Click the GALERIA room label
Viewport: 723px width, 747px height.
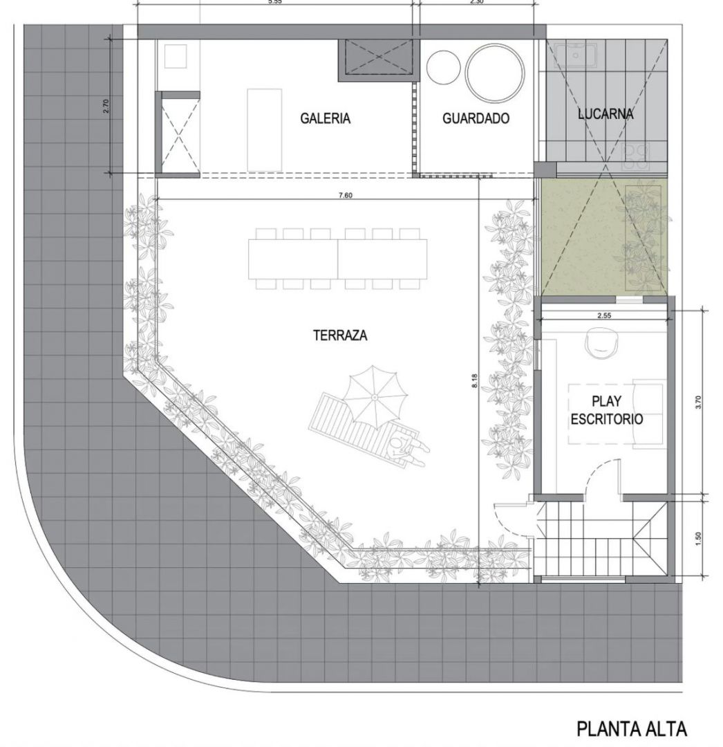pyautogui.click(x=325, y=118)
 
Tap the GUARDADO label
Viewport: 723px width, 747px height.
pyautogui.click(x=476, y=118)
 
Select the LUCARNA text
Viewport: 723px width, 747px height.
pyautogui.click(x=605, y=114)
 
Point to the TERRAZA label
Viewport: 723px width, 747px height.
pyautogui.click(x=340, y=335)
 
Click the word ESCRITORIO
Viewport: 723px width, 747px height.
pyautogui.click(x=606, y=418)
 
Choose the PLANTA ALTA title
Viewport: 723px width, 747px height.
pyautogui.click(x=632, y=728)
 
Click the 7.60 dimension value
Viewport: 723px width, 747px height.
pyautogui.click(x=346, y=195)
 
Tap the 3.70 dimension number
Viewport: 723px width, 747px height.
pyautogui.click(x=698, y=403)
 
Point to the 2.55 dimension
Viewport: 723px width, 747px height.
pyautogui.click(x=603, y=315)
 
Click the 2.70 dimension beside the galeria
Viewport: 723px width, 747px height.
pyautogui.click(x=106, y=106)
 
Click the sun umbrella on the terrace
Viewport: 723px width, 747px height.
pyautogui.click(x=375, y=397)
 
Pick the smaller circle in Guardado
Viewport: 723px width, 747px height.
pyautogui.click(x=443, y=67)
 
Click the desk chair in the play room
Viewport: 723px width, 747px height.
pyautogui.click(x=601, y=342)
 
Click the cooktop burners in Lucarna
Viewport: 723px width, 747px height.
pyautogui.click(x=636, y=156)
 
